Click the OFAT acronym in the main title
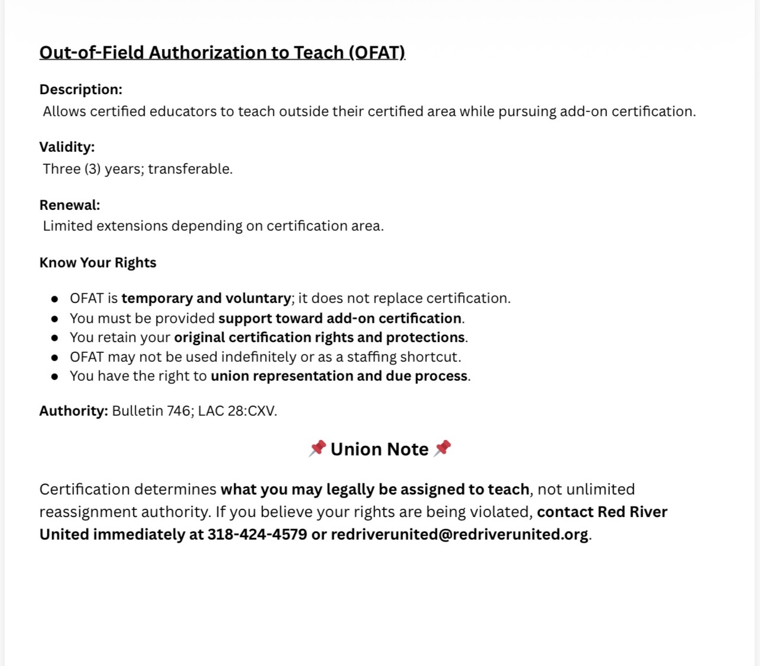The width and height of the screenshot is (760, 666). [x=376, y=53]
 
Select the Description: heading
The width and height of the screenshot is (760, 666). [x=81, y=90]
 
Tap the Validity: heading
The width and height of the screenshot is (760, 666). [x=67, y=147]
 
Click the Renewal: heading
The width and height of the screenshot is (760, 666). [x=70, y=205]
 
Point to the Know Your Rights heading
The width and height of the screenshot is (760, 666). [x=98, y=263]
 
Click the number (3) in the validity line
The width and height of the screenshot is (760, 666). [x=92, y=169]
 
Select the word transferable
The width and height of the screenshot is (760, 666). [x=190, y=169]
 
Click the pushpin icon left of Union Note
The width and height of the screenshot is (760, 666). [x=317, y=448]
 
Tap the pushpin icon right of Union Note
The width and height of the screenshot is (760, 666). [x=442, y=448]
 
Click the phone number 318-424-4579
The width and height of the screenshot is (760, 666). [x=257, y=534]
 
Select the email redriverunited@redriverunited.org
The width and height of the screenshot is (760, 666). [x=459, y=534]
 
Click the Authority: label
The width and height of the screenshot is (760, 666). [x=74, y=411]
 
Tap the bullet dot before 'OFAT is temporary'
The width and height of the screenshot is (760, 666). [x=55, y=299]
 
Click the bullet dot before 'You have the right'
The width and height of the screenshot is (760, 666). [x=55, y=377]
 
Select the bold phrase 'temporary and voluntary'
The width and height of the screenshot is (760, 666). [x=206, y=298]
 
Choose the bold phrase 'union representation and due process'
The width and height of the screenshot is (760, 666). [x=339, y=376]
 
